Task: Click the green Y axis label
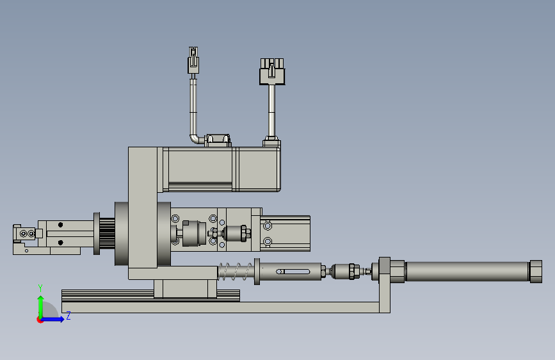[40, 288]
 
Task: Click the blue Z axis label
[68, 316]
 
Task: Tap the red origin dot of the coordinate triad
[40, 320]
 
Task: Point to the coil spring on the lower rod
[236, 272]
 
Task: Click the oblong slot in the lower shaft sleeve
[293, 272]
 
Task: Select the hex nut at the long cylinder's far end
[536, 272]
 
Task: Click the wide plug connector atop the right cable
[272, 72]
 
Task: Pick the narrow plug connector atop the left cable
[193, 60]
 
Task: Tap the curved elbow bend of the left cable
[195, 139]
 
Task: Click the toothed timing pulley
[106, 234]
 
